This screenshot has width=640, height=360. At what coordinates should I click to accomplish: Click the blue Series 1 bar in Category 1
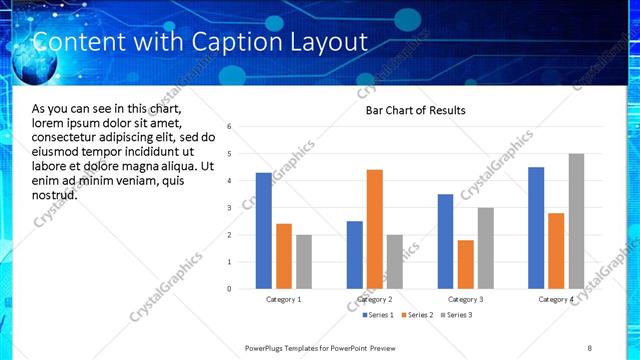264,231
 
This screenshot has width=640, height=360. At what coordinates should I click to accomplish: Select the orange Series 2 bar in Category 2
375,229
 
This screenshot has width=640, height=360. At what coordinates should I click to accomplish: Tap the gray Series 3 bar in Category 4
576,221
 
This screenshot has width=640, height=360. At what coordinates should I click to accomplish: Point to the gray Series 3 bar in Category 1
304,262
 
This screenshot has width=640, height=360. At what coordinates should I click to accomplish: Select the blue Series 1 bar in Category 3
445,241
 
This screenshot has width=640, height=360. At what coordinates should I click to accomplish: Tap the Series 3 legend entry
456,315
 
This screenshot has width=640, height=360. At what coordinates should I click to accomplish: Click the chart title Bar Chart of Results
415,110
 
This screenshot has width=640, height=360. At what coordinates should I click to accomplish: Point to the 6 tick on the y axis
230,127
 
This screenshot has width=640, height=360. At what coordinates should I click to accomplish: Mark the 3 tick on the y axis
230,208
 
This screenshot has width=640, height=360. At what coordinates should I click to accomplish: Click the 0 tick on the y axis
230,289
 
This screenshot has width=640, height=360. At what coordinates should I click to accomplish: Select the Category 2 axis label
375,299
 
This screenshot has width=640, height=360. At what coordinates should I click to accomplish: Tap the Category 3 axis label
465,299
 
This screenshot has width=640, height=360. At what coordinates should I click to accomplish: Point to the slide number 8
589,347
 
